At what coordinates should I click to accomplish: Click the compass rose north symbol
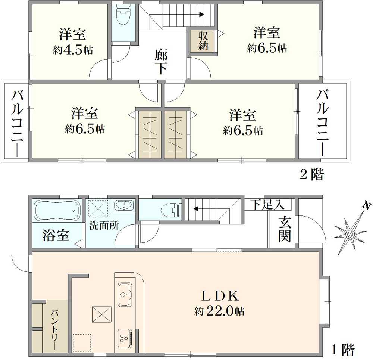(x=351, y=234)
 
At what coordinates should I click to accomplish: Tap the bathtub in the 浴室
(x=57, y=211)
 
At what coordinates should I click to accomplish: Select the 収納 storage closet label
(x=203, y=41)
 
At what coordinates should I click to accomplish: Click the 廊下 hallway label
(x=161, y=62)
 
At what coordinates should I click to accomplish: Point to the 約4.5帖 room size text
(x=73, y=50)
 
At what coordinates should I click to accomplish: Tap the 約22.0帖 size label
(x=219, y=311)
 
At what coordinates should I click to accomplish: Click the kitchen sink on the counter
(x=125, y=294)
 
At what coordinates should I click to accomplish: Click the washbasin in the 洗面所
(x=123, y=205)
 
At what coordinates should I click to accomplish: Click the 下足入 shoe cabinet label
(x=267, y=205)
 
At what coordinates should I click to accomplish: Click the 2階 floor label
(x=311, y=174)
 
